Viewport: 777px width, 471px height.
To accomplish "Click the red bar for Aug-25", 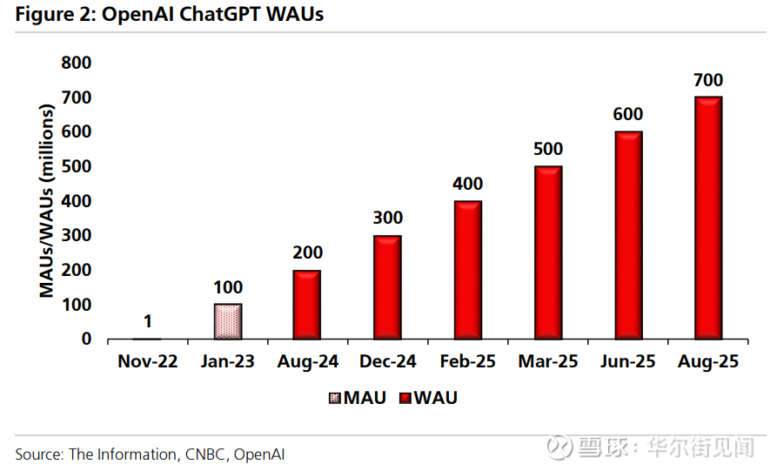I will point(708,217).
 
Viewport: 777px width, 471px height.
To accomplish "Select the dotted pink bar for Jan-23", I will point(227,321).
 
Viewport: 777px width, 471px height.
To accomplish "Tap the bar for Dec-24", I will point(387,286).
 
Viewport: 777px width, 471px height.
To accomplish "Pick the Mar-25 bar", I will point(548,252).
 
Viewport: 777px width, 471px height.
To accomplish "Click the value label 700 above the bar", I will point(708,80).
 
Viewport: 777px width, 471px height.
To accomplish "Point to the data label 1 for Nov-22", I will point(147,320).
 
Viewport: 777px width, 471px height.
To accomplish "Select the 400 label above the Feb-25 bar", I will point(467,184).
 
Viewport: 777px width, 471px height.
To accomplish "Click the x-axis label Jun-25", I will point(628,361).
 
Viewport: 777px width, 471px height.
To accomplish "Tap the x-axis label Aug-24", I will point(307,361).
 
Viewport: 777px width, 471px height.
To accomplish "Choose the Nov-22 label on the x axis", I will point(147,361).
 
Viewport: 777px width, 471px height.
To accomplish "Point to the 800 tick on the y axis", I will point(76,63).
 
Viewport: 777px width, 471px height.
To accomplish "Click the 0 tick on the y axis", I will point(86,339).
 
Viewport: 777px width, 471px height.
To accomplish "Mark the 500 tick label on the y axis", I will point(76,166).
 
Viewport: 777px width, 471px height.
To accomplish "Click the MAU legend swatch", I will point(335,399).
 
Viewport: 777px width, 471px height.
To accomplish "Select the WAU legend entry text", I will point(435,398).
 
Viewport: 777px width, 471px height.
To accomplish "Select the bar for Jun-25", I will point(628,234).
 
